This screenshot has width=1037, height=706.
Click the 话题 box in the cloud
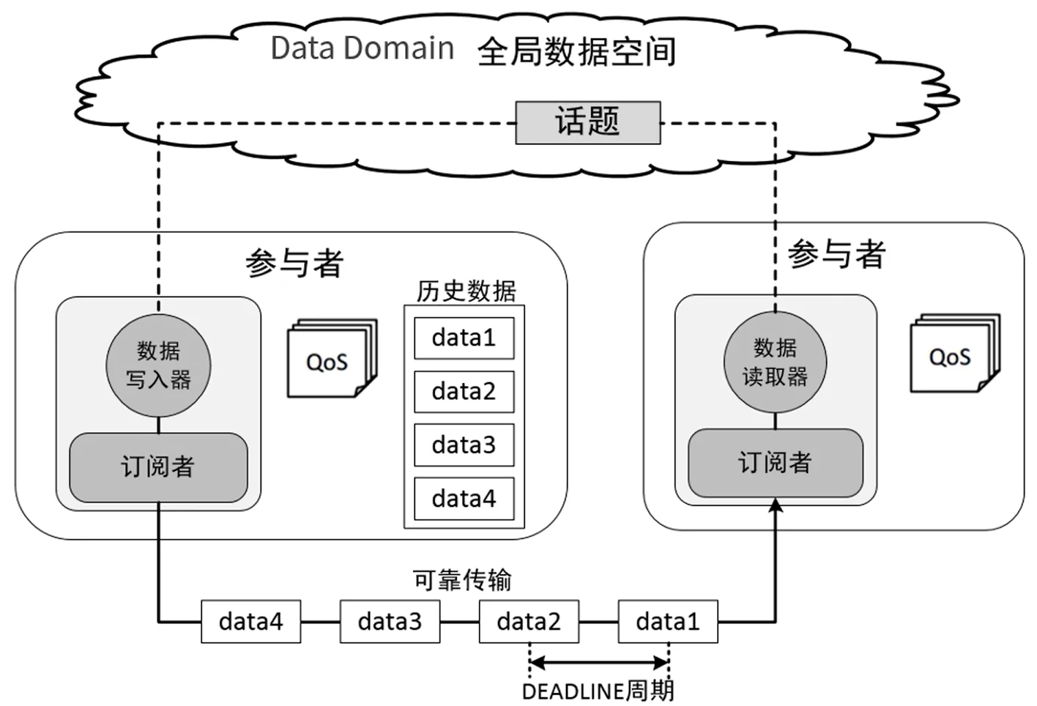click(x=587, y=122)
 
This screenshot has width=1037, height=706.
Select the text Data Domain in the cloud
click(x=362, y=48)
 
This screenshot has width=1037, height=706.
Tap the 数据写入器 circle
click(x=158, y=365)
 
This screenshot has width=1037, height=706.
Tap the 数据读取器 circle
click(x=775, y=362)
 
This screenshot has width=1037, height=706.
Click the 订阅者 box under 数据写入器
click(x=158, y=467)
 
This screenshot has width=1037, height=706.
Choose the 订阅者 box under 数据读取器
click(x=775, y=463)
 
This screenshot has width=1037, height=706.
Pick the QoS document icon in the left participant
click(x=330, y=360)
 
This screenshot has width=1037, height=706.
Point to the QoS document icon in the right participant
click(x=952, y=356)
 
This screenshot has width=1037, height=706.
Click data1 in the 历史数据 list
click(x=464, y=338)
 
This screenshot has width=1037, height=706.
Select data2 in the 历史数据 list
click(x=464, y=391)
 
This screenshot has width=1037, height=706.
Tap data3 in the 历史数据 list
click(x=464, y=445)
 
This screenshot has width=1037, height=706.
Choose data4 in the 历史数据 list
click(x=464, y=498)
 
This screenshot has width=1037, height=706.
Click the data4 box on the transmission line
click(x=250, y=622)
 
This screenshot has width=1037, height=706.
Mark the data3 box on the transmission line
click(x=390, y=622)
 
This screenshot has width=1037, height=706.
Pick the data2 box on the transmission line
click(x=529, y=622)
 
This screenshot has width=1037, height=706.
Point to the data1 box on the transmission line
click(x=668, y=622)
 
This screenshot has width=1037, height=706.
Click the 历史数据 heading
click(x=466, y=291)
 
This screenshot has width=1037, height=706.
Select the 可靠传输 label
click(x=462, y=580)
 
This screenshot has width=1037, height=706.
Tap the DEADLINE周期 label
click(x=598, y=691)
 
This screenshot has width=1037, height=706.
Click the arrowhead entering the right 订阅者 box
click(x=775, y=505)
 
